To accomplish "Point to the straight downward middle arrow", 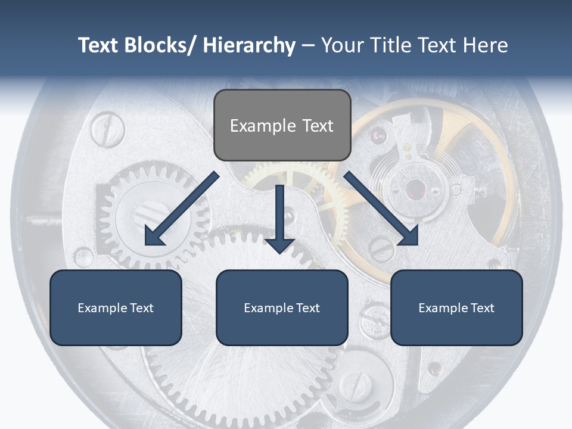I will click(279, 214).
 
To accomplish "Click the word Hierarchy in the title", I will click(249, 45).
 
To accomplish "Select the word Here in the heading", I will click(484, 45).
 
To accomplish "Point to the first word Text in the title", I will click(99, 45).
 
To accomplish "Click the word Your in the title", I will click(341, 45).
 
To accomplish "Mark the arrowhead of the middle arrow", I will click(279, 245).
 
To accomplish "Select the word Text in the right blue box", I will click(482, 308).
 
